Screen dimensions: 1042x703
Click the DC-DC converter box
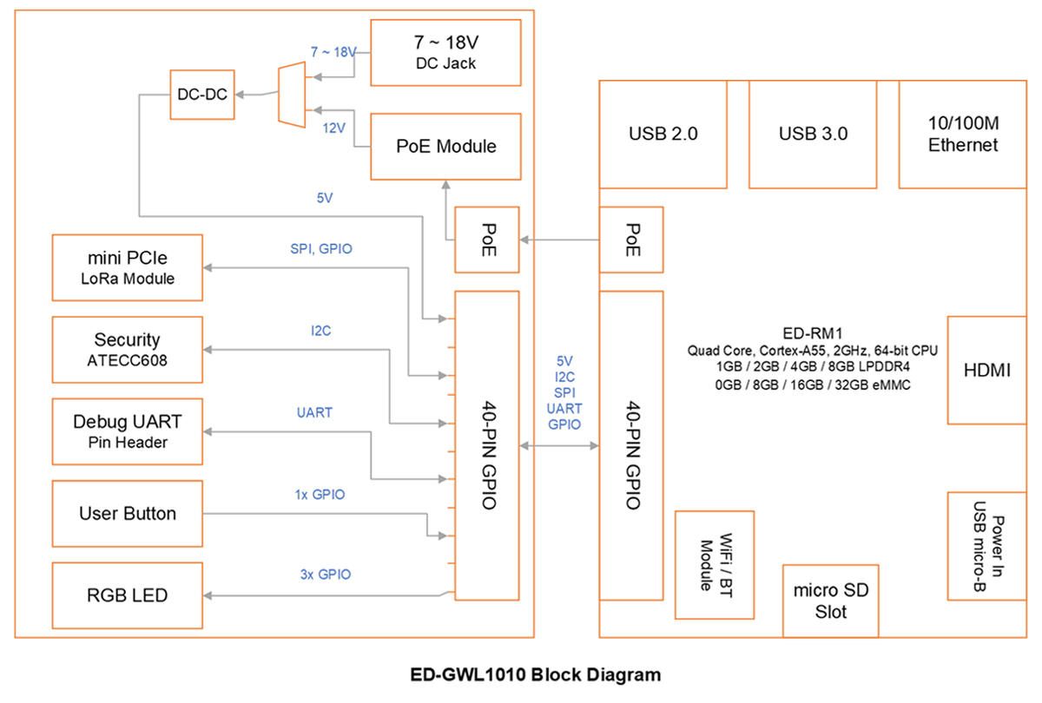pos(202,95)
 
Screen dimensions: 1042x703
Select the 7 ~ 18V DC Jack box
pos(445,53)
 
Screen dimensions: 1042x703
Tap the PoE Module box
pos(445,147)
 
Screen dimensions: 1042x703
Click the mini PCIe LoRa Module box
pos(128,268)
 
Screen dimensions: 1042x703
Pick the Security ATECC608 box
pos(128,350)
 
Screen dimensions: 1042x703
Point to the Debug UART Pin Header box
pos(128,431)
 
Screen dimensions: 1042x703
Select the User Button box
pos(128,514)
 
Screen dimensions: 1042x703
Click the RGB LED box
pos(128,595)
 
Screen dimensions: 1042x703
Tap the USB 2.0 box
pos(663,135)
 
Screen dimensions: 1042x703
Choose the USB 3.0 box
pos(813,135)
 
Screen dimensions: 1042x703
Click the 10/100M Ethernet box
pos(962,135)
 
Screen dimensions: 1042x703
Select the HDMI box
pos(986,370)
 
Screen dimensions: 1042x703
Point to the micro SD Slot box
pos(831,601)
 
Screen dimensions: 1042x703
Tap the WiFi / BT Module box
pos(715,565)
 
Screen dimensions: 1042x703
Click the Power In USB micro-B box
pos(986,546)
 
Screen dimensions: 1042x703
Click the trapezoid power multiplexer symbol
pos(292,95)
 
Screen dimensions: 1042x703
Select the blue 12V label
pos(334,128)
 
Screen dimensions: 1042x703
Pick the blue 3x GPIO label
pos(325,575)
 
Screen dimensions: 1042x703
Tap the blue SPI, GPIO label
pos(321,249)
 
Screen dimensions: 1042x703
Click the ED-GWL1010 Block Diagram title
pos(536,674)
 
